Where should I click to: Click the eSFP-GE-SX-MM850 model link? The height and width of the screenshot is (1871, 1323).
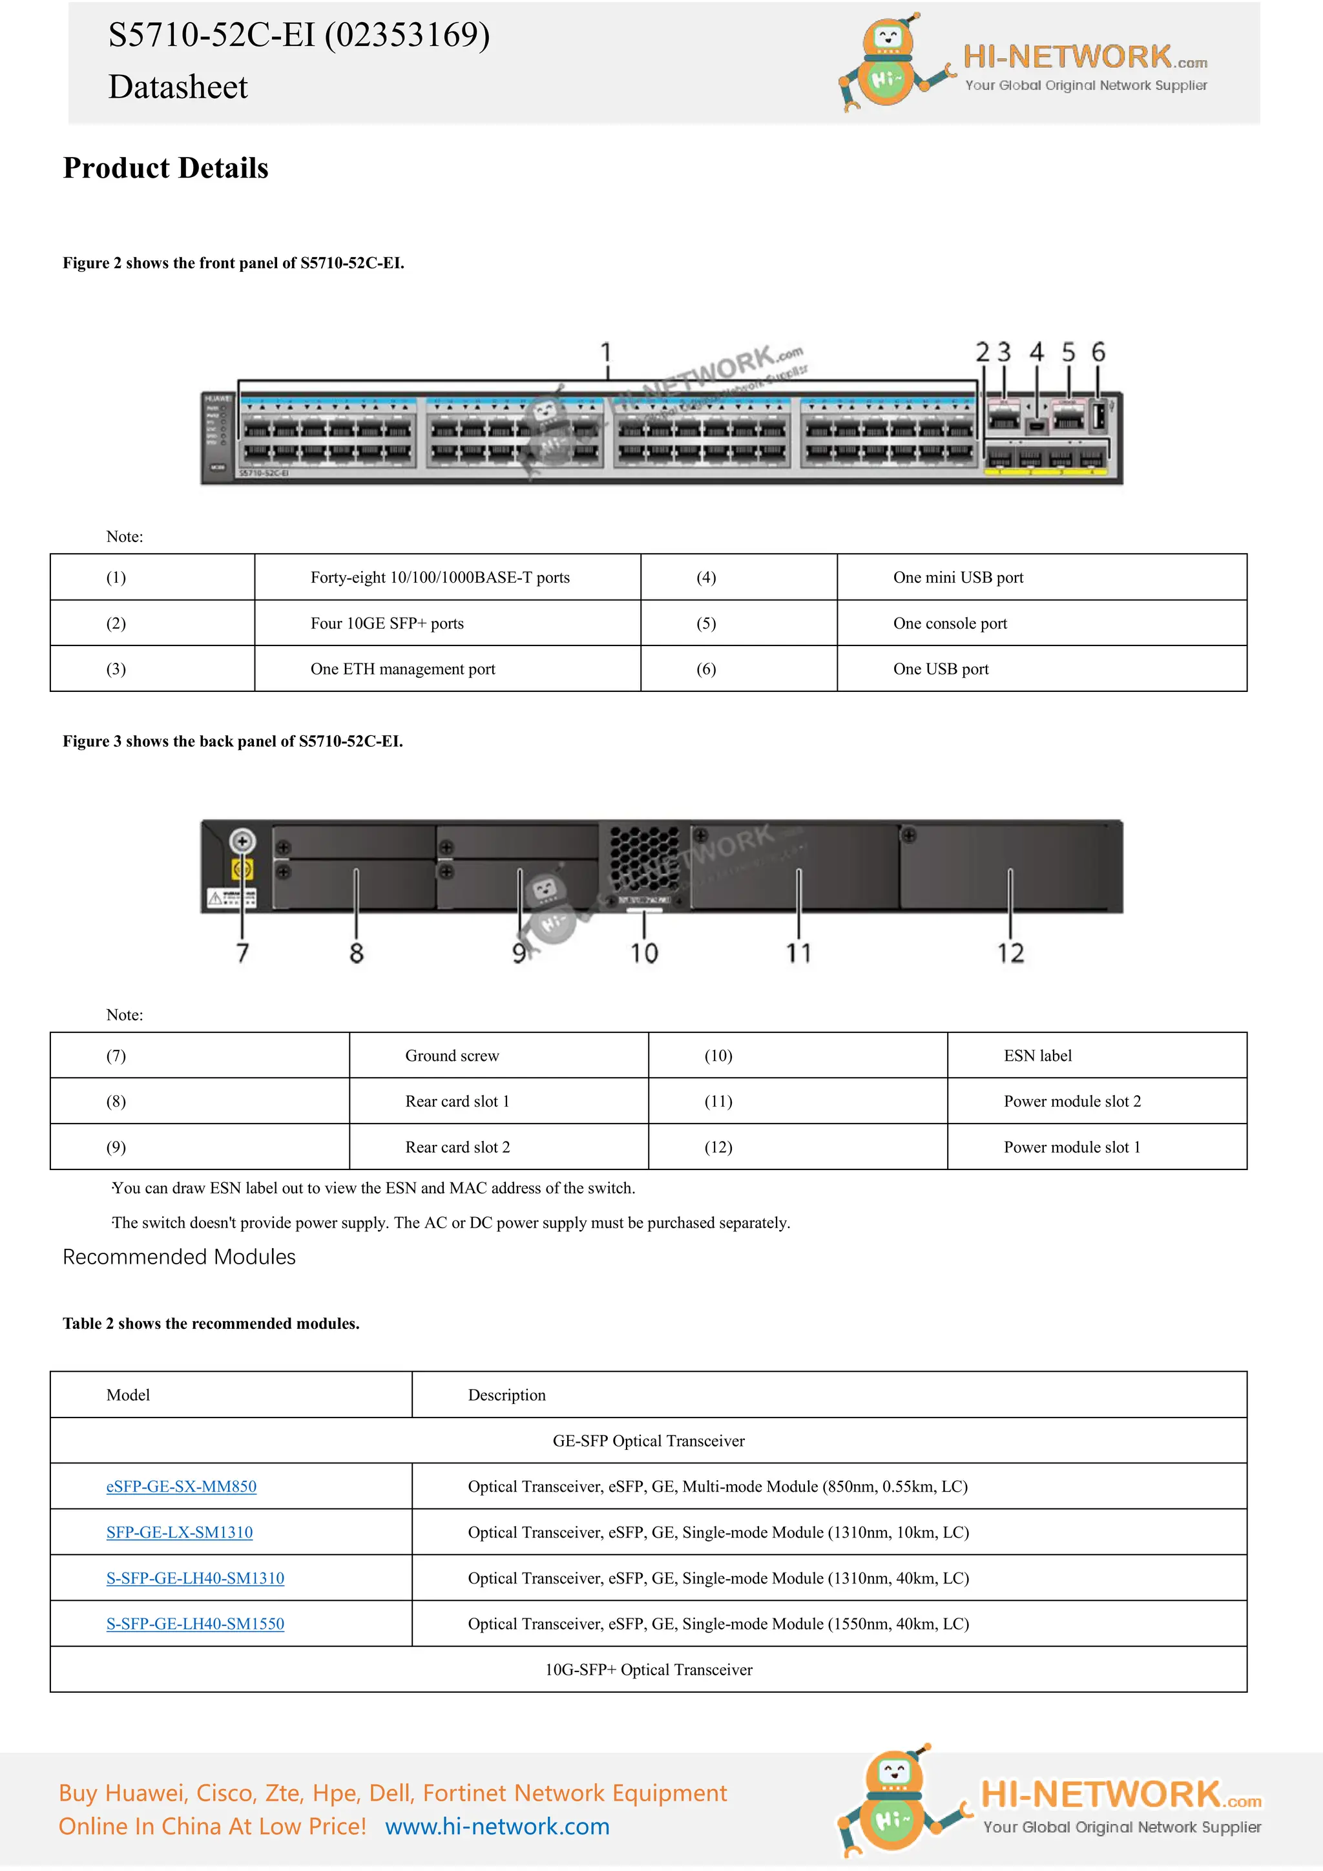181,1487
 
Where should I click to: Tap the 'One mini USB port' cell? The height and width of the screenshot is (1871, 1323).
958,577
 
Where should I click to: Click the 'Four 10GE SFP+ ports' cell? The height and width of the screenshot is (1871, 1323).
387,623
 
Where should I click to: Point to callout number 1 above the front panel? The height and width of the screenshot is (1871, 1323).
605,352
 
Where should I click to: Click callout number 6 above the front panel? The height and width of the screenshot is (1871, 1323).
1098,352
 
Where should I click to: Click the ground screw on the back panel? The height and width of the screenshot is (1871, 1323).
242,841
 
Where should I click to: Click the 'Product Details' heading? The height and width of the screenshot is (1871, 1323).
165,168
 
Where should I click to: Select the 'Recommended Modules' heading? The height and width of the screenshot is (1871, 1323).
179,1257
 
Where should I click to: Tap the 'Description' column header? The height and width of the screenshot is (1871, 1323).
506,1395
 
